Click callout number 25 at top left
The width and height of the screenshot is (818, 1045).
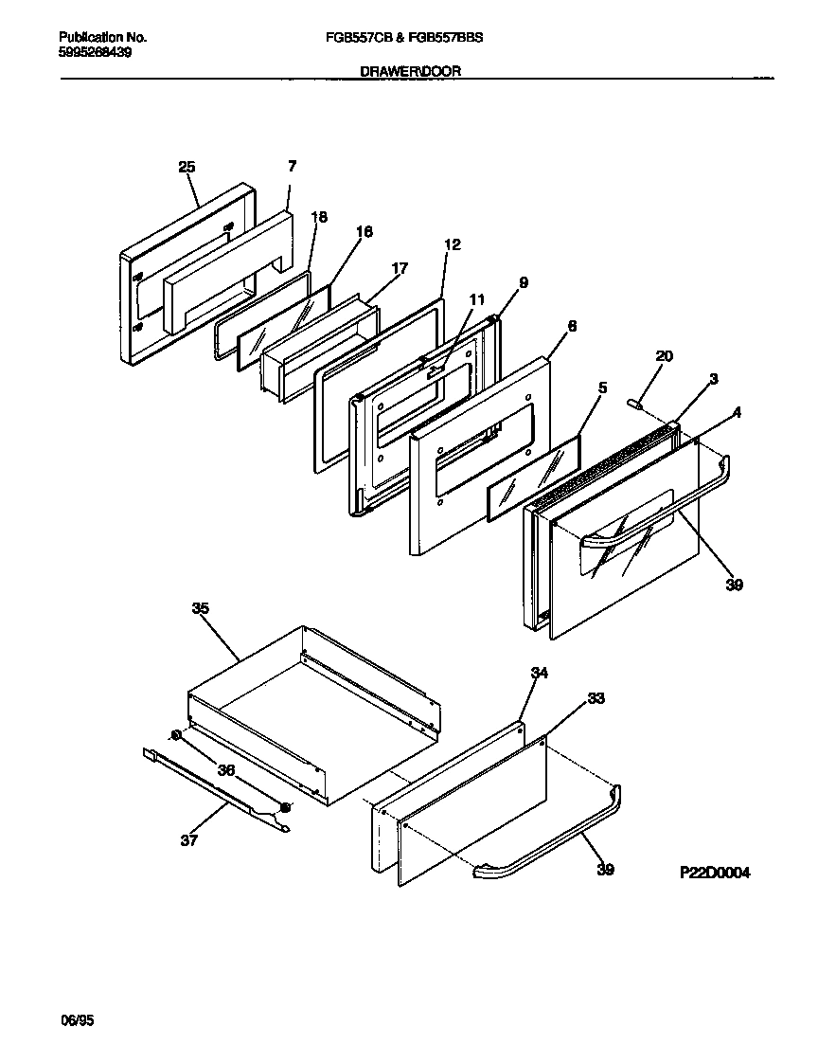pos(187,167)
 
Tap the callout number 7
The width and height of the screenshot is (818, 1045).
pos(292,166)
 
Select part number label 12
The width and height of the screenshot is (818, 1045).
pos(452,244)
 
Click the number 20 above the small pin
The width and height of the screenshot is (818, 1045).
pos(664,355)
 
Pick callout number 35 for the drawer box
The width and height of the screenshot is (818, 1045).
pos(200,609)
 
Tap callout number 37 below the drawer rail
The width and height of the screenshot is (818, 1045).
pos(189,839)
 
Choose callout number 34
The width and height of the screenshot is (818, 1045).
pos(539,673)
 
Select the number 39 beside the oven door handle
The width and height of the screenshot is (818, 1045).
pos(734,585)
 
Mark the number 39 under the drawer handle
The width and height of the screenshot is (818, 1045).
pos(605,870)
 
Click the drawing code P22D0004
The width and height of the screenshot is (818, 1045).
pos(714,873)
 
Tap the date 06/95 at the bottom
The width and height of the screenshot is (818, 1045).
pos(77,1020)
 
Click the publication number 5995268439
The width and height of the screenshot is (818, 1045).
pos(95,52)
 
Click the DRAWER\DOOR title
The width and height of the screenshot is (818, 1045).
pos(411,71)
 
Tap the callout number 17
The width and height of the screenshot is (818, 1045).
pos(399,268)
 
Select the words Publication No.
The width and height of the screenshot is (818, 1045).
pos(102,38)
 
